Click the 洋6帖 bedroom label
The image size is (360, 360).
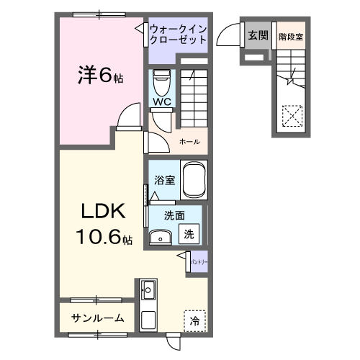coord(99,75)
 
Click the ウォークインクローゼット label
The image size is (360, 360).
coord(178,34)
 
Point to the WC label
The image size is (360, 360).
coord(161,102)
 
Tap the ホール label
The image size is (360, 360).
coord(189,141)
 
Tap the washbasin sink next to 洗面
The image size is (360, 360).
coord(160,236)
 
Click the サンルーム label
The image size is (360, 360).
coord(97,318)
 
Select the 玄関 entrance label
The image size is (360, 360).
coord(257,34)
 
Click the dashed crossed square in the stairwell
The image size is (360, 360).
coord(292,115)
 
